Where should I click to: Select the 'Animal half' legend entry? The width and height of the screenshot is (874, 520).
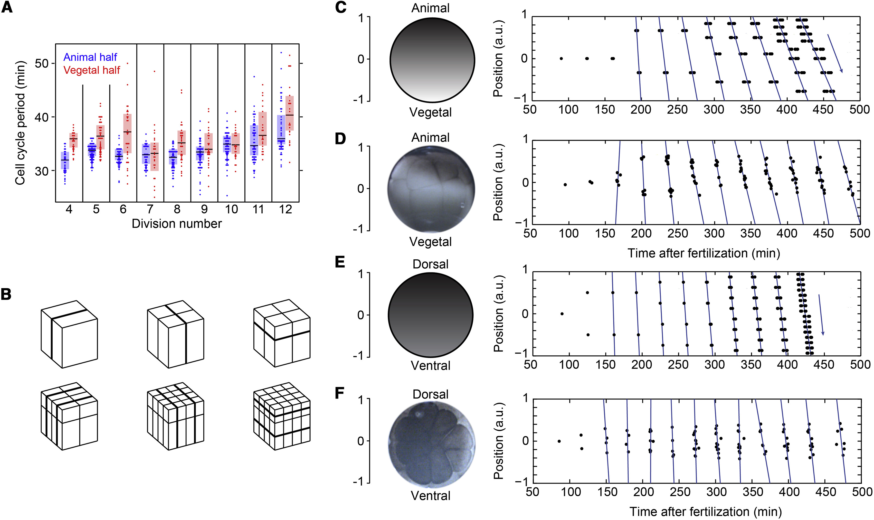tap(90, 57)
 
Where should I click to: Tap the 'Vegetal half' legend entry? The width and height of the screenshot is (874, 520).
tap(91, 70)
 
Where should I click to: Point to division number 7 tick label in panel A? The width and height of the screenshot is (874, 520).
tap(150, 210)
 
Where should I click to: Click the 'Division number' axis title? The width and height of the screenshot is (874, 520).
tap(177, 224)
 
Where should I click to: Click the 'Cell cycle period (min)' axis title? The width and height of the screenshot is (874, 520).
tap(20, 123)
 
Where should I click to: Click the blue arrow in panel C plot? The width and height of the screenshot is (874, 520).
tap(835, 54)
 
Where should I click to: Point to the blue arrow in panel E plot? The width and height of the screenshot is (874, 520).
tap(821, 315)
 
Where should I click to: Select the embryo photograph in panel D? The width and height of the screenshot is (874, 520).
tap(431, 188)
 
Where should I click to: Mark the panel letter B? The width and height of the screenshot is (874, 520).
tap(6, 294)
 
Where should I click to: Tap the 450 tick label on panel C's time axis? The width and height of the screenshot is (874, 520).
tap(823, 110)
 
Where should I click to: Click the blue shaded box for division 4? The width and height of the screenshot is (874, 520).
tap(65, 160)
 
